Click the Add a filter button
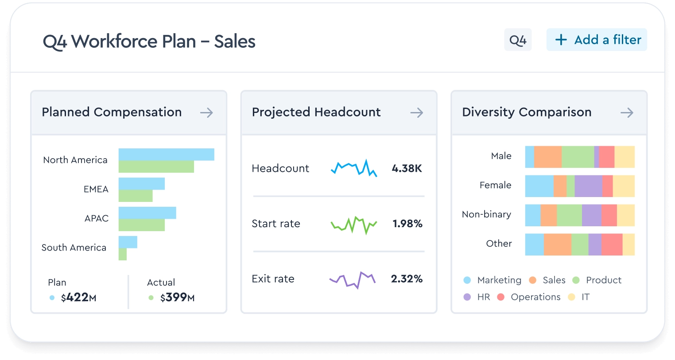[597, 40]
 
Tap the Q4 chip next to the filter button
[518, 40]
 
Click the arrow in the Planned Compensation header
[206, 112]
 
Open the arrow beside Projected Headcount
[416, 112]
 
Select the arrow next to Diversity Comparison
[627, 112]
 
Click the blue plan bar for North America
[166, 155]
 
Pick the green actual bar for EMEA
[136, 196]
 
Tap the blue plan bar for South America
[128, 242]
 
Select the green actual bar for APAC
[142, 225]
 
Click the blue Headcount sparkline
[354, 168]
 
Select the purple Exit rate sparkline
[353, 279]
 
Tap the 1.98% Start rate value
[407, 224]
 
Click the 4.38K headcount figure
[407, 168]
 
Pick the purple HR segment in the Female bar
[588, 186]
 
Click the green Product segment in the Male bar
[578, 157]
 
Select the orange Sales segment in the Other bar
[557, 244]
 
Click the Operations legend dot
[501, 297]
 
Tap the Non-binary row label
[486, 214]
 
